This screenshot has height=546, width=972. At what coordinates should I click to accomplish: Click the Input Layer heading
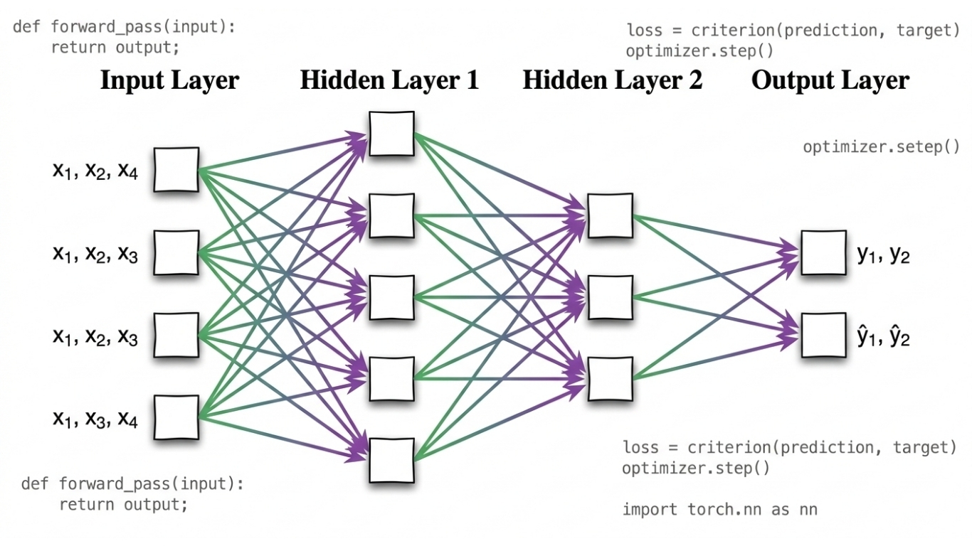169,80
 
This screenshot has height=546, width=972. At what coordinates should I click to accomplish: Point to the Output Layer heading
830,80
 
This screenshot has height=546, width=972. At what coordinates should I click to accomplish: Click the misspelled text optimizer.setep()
881,147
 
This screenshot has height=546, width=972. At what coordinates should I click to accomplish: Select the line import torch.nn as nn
719,509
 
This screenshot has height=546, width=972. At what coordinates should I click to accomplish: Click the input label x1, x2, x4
95,171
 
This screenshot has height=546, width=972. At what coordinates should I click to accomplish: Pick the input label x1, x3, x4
95,419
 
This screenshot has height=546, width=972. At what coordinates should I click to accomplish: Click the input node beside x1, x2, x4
176,170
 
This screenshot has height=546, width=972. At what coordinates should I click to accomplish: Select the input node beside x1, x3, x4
176,417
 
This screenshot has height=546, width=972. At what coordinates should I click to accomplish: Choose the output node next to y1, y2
823,253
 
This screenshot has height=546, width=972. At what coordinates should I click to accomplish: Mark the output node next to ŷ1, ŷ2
823,335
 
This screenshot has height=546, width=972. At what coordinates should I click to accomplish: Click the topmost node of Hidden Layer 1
391,133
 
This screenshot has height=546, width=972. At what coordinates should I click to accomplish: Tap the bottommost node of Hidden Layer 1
391,460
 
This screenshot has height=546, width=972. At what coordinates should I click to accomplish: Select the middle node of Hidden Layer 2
610,297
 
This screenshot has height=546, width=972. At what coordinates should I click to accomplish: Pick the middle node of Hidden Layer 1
391,296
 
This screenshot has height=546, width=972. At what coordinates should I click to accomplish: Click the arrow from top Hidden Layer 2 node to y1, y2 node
712,232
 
